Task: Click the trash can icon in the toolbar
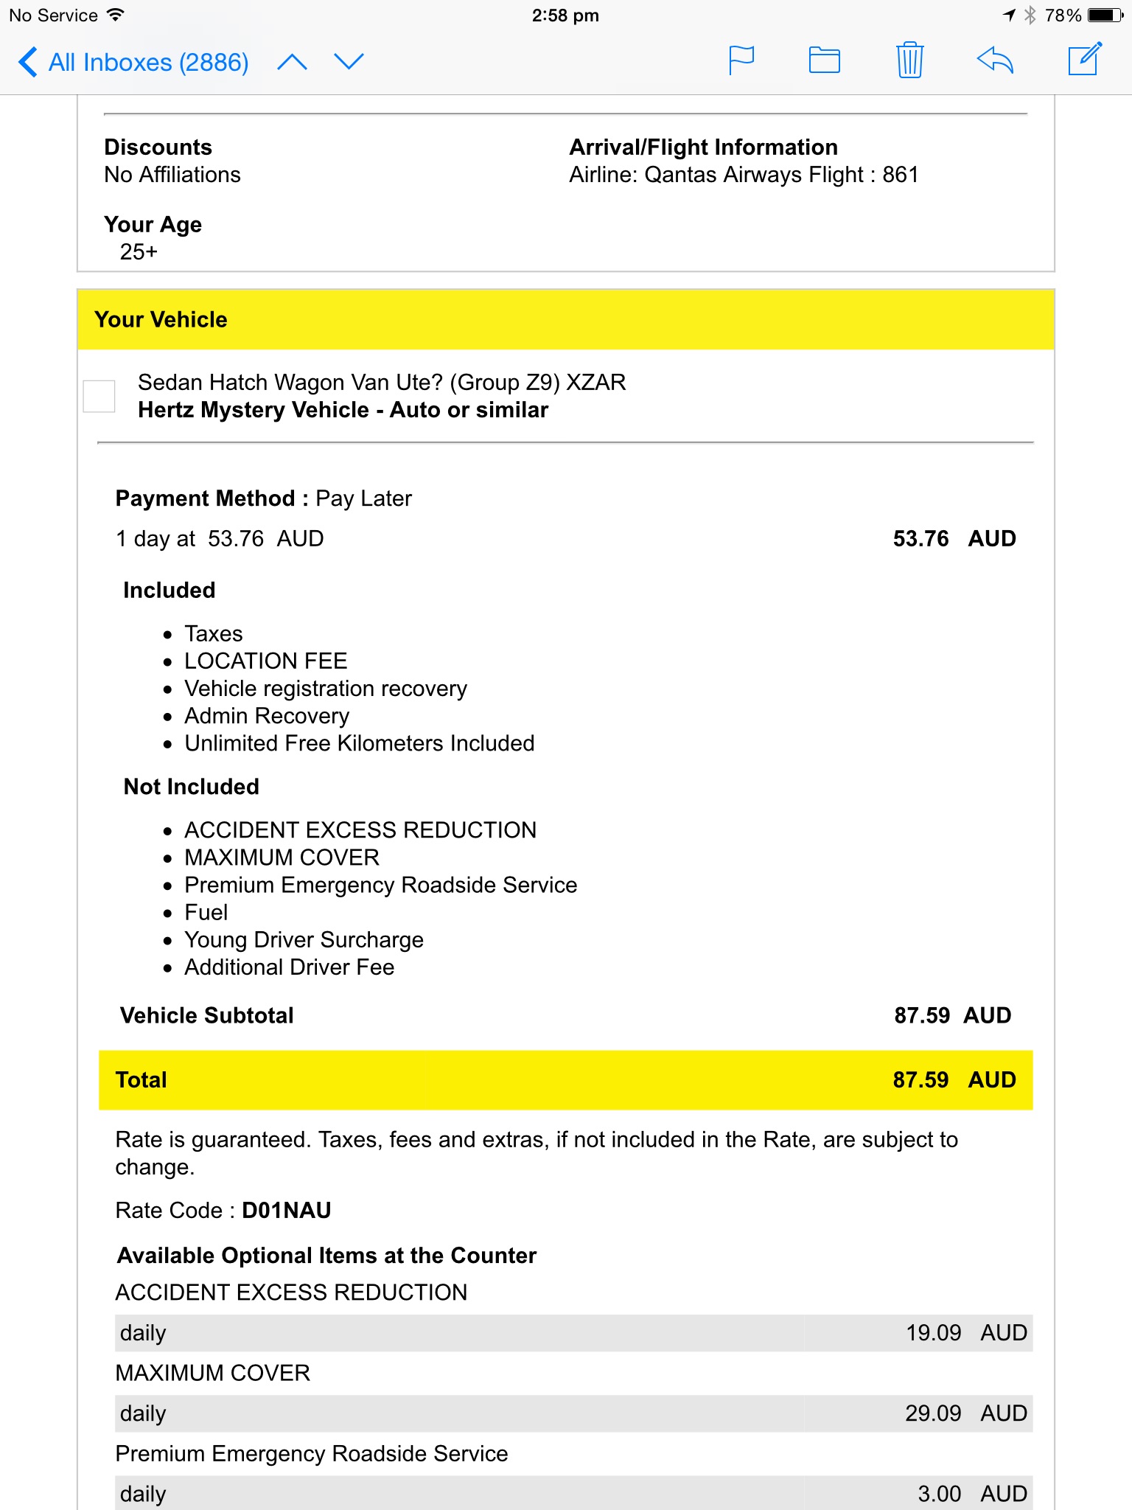click(x=909, y=60)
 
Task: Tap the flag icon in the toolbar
click(x=741, y=60)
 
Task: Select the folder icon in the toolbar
click(x=824, y=60)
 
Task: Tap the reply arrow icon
click(x=995, y=60)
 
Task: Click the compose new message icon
click(x=1085, y=60)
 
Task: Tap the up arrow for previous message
click(x=292, y=62)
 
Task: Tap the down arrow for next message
click(x=349, y=62)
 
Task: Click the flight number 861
click(x=900, y=175)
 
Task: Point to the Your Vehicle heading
click(x=161, y=320)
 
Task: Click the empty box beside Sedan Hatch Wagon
click(x=99, y=396)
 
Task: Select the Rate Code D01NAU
click(x=287, y=1211)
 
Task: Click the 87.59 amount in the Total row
click(x=920, y=1080)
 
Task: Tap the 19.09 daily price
click(x=933, y=1333)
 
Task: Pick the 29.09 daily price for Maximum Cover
click(x=933, y=1413)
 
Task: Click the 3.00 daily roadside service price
click(x=939, y=1494)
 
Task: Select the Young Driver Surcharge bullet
click(x=304, y=940)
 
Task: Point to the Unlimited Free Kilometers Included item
click(x=359, y=743)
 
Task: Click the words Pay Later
click(x=363, y=499)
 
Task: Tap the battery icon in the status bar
click(x=1105, y=15)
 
